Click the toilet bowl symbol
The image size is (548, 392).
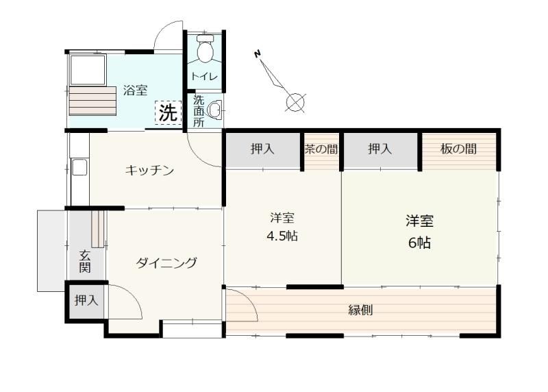205,49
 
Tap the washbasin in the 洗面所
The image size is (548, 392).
215,110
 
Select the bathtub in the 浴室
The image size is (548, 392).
88,70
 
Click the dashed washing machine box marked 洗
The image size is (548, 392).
168,112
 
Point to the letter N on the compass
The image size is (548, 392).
258,54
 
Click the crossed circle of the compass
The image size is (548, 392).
295,103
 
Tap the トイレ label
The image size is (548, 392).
204,76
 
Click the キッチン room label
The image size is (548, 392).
149,170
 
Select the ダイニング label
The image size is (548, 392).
166,262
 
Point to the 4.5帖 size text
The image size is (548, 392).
282,236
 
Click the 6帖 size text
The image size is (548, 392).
420,243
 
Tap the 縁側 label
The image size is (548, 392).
361,310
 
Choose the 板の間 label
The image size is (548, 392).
458,149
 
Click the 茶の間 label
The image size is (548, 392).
321,149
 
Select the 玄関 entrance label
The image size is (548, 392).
85,261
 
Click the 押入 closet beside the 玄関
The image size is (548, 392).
86,300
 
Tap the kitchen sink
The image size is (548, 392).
79,167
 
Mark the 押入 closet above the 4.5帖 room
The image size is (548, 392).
263,149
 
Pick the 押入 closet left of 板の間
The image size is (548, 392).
380,149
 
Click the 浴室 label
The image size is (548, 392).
135,90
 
